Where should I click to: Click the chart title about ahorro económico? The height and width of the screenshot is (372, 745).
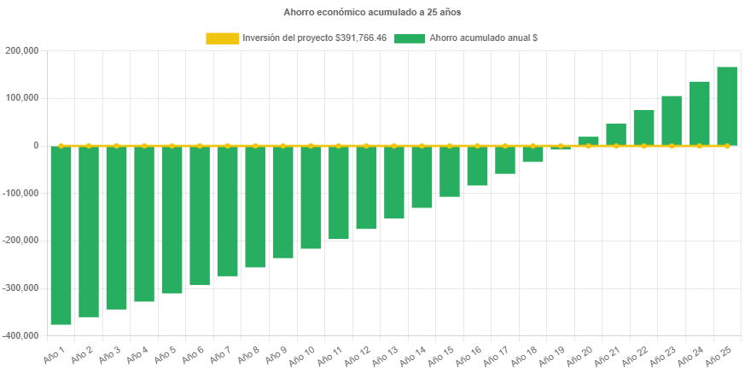pyautogui.click(x=372, y=13)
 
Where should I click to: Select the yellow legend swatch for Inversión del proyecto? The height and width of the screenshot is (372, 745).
pyautogui.click(x=222, y=38)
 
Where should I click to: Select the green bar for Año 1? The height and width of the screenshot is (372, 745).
pyautogui.click(x=61, y=235)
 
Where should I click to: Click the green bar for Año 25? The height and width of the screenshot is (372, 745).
pyautogui.click(x=727, y=106)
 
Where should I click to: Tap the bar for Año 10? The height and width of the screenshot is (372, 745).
pyautogui.click(x=311, y=197)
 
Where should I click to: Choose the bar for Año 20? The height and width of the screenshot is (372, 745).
pyautogui.click(x=588, y=142)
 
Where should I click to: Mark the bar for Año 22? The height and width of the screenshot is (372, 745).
pyautogui.click(x=643, y=127)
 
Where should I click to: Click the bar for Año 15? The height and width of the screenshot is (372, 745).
pyautogui.click(x=450, y=171)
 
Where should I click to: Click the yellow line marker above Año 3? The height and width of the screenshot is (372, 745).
pyautogui.click(x=116, y=146)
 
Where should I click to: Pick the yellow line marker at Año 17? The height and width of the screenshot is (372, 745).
pyautogui.click(x=505, y=146)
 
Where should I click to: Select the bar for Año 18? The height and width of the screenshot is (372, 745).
pyautogui.click(x=533, y=154)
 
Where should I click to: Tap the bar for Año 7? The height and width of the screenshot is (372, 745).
pyautogui.click(x=227, y=211)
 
